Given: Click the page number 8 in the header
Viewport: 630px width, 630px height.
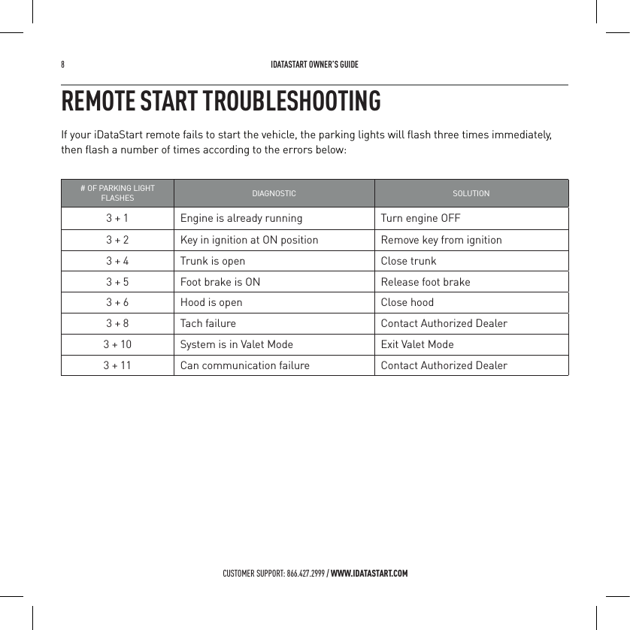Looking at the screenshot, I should point(63,65).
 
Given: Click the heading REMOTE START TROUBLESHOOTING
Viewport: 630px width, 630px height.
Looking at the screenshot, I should point(220,101).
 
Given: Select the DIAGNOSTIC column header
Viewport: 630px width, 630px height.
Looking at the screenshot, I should point(274,193).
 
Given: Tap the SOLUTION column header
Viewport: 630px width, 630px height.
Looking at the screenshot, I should point(471,193).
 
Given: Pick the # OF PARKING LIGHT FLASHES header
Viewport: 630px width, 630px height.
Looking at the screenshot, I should point(117,193).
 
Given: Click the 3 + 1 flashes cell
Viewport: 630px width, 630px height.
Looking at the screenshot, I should point(117,219).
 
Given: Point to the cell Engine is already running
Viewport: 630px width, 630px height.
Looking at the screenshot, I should point(241,219).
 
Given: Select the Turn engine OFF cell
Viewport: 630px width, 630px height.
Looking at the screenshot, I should point(420,219).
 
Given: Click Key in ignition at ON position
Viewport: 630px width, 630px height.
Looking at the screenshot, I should point(249,240).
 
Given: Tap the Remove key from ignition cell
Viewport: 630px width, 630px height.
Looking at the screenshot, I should point(441,240).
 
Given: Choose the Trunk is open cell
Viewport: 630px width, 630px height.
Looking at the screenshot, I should point(213,261).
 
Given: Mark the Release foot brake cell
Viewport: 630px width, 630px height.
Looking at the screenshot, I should point(426,282).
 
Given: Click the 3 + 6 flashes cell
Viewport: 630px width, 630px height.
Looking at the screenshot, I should point(117,302).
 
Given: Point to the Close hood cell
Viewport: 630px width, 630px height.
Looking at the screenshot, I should point(407,302).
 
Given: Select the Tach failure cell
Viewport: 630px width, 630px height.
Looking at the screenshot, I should point(207,323).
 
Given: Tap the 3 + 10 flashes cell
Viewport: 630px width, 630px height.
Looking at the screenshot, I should point(117,344).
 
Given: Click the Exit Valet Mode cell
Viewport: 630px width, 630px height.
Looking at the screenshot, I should point(417,344).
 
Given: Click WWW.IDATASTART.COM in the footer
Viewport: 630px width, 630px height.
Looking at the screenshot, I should point(369,574).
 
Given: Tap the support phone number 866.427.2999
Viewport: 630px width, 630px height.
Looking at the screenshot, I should point(305,574).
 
